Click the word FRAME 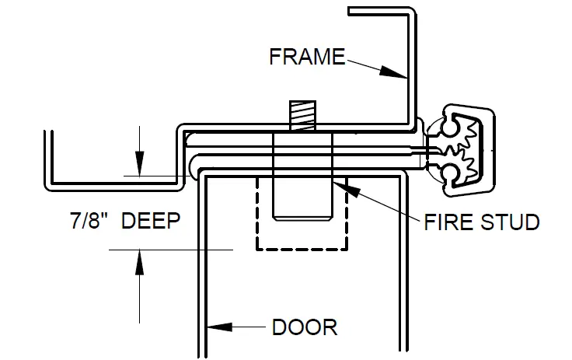tap(306, 56)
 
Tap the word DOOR tap(305, 326)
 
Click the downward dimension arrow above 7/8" tap(138, 165)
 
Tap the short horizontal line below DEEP tap(171, 249)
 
